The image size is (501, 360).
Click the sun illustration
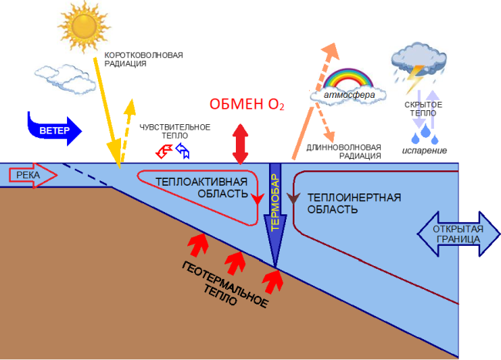[84, 26]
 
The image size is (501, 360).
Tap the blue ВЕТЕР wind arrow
[54, 130]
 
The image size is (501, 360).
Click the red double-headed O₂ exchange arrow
[240, 144]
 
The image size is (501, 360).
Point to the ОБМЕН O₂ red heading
[247, 105]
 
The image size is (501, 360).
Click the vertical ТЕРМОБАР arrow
[275, 215]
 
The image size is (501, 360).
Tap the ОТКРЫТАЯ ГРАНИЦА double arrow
[458, 234]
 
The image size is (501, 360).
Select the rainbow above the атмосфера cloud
[348, 78]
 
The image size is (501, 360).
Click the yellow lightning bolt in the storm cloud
[415, 79]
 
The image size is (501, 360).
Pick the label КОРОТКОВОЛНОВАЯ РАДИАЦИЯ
[143, 59]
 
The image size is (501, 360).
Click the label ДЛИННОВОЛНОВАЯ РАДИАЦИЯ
[344, 152]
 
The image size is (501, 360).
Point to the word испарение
[425, 150]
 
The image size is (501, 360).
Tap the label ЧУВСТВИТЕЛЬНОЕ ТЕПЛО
[175, 131]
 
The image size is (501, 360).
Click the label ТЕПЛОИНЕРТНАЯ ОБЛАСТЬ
[354, 204]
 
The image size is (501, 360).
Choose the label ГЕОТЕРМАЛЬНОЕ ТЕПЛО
[224, 284]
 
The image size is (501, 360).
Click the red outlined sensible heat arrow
[164, 151]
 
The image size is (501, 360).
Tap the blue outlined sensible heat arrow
[183, 150]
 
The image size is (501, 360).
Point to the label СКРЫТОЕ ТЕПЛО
[423, 109]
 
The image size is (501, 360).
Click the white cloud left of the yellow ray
[66, 79]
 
